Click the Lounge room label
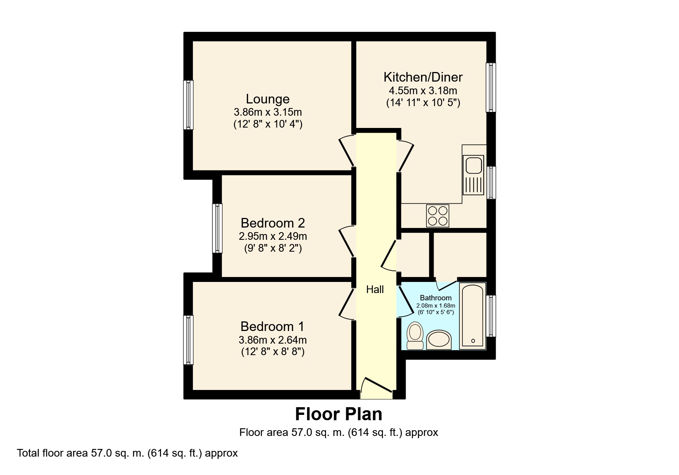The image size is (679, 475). [268, 99]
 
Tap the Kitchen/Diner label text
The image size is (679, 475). [423, 77]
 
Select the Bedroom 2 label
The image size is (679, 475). [273, 223]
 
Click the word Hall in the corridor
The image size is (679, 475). [375, 290]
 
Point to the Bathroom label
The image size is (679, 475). [436, 298]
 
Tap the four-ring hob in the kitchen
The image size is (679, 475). [437, 216]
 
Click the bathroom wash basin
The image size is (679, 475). [439, 340]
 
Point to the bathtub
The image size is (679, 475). [472, 316]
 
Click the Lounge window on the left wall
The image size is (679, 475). [188, 105]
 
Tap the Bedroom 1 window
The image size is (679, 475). [188, 340]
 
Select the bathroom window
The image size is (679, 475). [491, 316]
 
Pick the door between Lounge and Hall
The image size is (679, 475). [347, 150]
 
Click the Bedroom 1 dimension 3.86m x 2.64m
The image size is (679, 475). [272, 340]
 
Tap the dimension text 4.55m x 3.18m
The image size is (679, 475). [423, 91]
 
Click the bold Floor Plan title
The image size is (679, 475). [339, 414]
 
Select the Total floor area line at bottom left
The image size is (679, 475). [127, 453]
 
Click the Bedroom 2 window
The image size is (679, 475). [217, 228]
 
